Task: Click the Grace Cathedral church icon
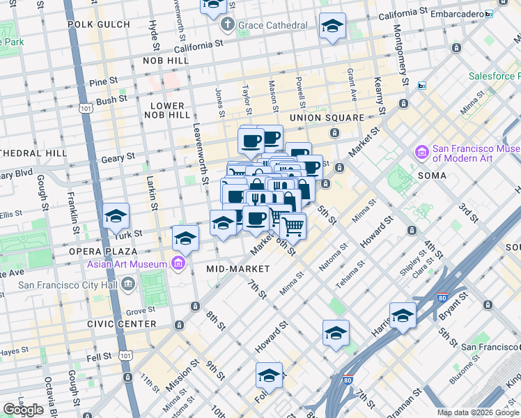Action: point(227,26)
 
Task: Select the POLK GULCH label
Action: point(99,24)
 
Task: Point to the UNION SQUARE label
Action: point(327,118)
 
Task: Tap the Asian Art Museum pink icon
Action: point(179,263)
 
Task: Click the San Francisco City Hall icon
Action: point(127,284)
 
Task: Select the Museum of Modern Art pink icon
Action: point(421,152)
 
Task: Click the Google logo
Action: point(23,410)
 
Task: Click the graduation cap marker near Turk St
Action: point(116,217)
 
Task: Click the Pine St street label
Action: point(103,82)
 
